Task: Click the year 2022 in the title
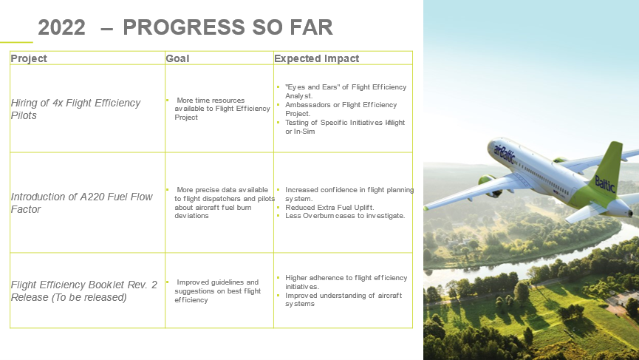click(x=61, y=27)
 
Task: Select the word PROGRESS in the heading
click(x=184, y=27)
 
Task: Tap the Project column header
click(x=29, y=58)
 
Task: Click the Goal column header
click(x=177, y=58)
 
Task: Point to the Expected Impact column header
click(x=317, y=58)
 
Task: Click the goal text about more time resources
click(x=222, y=109)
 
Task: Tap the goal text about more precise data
click(x=225, y=203)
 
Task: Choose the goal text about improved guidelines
click(x=218, y=291)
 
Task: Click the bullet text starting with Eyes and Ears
click(x=346, y=92)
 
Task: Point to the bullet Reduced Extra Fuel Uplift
click(x=329, y=207)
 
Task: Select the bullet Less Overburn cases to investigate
click(x=345, y=216)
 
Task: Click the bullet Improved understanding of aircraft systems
click(x=343, y=299)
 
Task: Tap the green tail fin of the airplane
click(x=608, y=171)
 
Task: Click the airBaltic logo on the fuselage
click(x=504, y=153)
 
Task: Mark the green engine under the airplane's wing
click(x=488, y=185)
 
